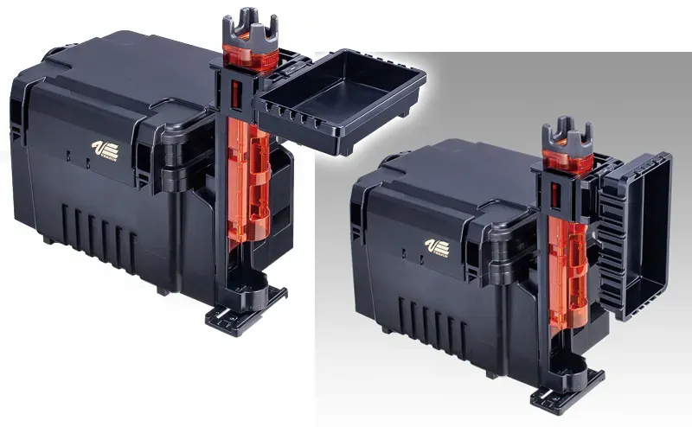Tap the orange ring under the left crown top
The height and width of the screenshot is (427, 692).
coord(248,56)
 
